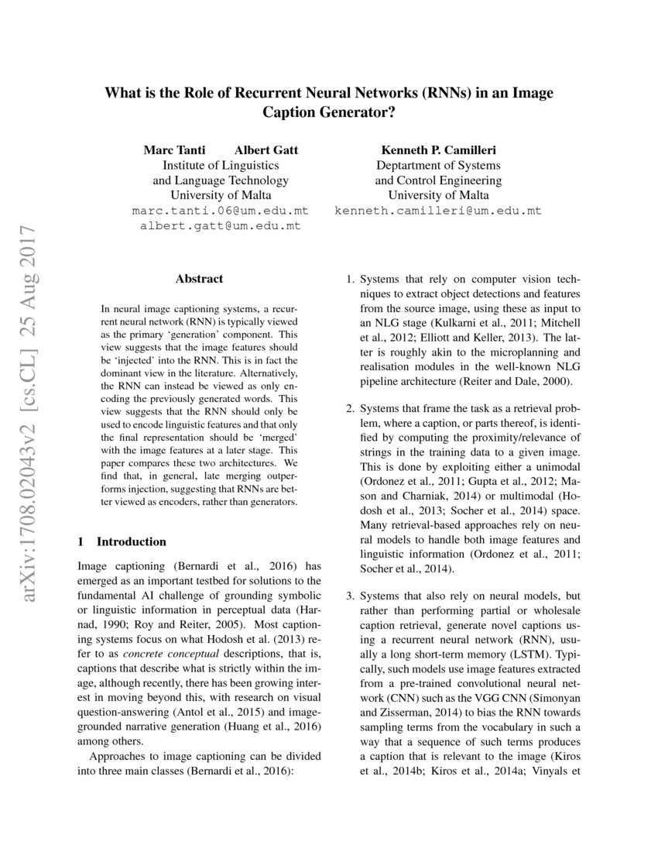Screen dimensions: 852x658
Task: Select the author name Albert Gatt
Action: pyautogui.click(x=266, y=149)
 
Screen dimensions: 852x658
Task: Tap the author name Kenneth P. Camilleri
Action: pyautogui.click(x=438, y=149)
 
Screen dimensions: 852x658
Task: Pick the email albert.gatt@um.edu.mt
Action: pyautogui.click(x=221, y=226)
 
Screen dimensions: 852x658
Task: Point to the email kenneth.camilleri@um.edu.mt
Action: pyautogui.click(x=438, y=211)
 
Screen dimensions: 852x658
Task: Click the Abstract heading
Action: pyautogui.click(x=199, y=279)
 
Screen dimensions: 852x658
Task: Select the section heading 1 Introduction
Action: pyautogui.click(x=122, y=541)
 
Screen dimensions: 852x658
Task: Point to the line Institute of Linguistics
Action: pyautogui.click(x=221, y=165)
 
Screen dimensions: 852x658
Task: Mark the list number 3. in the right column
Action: pyautogui.click(x=350, y=596)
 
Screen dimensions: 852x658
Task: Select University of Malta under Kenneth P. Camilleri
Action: pyautogui.click(x=438, y=195)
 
